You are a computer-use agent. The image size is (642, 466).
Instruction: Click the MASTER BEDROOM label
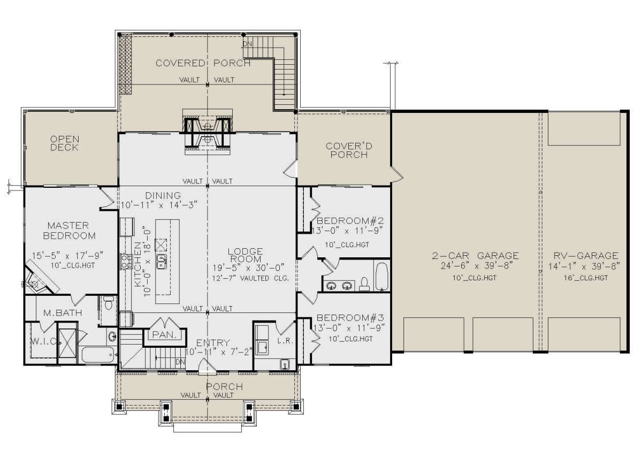click(69, 231)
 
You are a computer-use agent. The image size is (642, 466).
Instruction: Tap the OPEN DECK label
click(65, 143)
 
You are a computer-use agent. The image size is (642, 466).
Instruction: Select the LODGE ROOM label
click(246, 255)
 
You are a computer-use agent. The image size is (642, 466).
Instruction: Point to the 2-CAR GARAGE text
click(475, 255)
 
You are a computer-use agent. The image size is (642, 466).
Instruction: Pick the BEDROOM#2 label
click(350, 220)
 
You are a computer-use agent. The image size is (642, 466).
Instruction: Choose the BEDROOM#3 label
click(350, 318)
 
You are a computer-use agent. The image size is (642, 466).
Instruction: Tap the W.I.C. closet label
click(43, 341)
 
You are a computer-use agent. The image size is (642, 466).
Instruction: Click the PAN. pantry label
click(164, 334)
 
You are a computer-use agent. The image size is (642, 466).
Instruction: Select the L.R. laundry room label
click(286, 341)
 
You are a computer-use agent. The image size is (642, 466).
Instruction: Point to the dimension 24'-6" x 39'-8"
click(476, 266)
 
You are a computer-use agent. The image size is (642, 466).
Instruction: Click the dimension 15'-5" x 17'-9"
click(67, 255)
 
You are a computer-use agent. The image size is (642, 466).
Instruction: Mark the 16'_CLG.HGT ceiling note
click(585, 278)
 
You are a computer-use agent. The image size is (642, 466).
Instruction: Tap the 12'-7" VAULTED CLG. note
click(250, 278)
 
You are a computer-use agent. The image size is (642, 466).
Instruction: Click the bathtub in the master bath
click(98, 355)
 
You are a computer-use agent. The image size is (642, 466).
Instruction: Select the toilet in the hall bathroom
click(364, 284)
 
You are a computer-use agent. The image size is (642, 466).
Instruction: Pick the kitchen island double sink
click(162, 262)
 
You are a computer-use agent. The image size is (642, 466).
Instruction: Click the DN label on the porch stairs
click(247, 44)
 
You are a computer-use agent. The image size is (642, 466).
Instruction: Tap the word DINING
click(163, 195)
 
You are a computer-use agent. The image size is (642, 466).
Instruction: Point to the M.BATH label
click(63, 312)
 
